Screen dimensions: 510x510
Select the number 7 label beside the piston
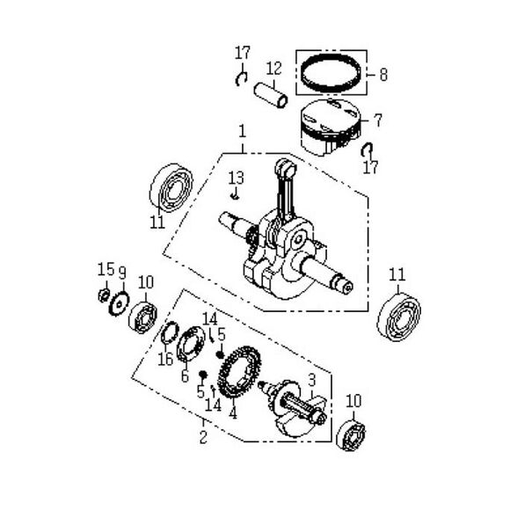point(378,118)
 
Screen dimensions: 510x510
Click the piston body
point(330,126)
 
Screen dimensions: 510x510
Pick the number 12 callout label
point(273,69)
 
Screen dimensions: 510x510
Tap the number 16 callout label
point(164,360)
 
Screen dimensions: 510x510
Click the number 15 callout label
point(103,268)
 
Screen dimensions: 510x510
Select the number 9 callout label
point(122,272)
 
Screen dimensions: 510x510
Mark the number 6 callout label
point(185,376)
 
